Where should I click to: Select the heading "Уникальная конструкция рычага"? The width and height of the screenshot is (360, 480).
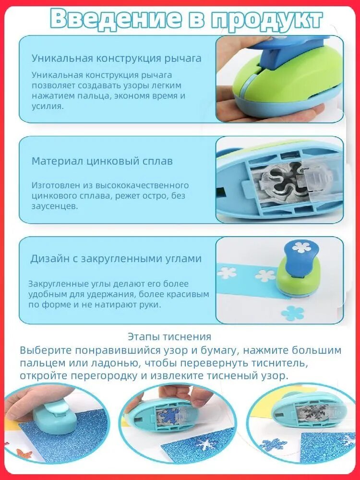click(117, 59)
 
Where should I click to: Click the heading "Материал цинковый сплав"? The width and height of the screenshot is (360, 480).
click(102, 161)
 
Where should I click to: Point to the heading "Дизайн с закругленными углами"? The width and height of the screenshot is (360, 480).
click(116, 259)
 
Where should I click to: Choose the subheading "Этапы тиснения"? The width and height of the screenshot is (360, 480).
click(169, 337)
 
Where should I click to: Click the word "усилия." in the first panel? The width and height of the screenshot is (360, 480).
click(48, 107)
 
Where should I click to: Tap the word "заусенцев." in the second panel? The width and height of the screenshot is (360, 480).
click(55, 206)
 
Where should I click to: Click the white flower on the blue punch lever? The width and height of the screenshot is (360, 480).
click(301, 247)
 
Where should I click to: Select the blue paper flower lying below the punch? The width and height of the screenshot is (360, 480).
click(292, 313)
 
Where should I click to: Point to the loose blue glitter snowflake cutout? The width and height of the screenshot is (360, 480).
click(273, 444)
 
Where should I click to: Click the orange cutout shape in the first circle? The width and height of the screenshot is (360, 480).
click(24, 454)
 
